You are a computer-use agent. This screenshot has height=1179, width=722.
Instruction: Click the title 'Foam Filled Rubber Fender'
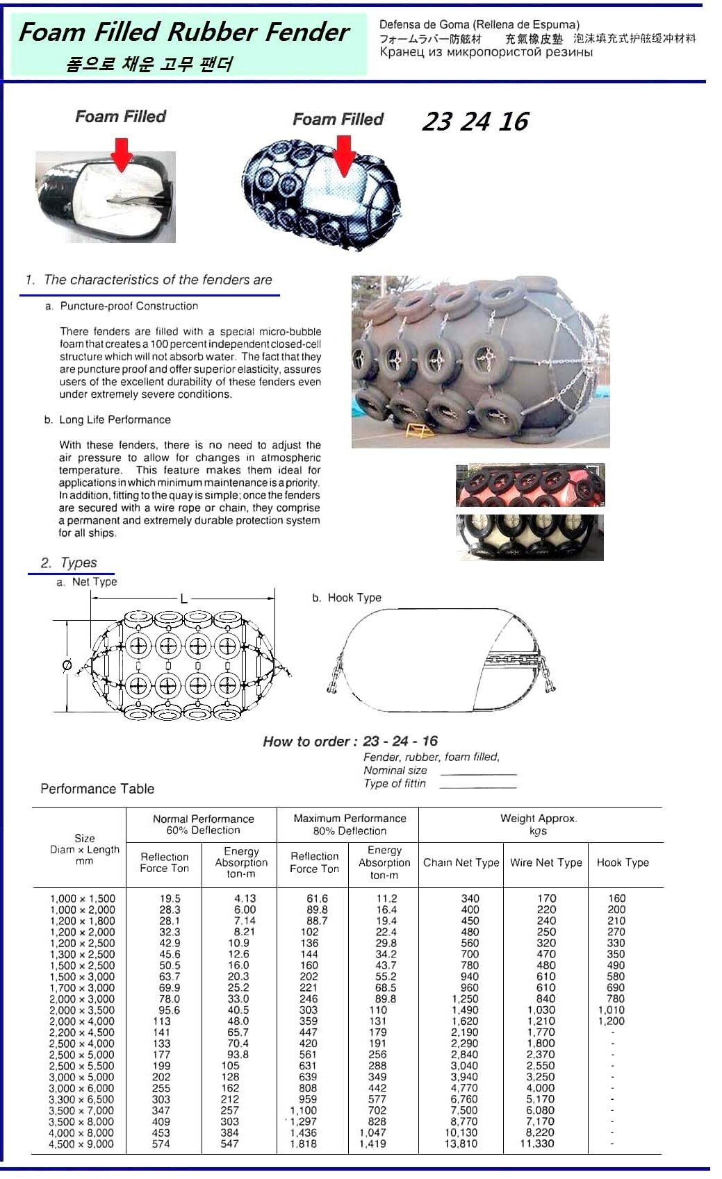click(x=183, y=32)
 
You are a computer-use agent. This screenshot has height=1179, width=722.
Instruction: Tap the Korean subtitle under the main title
click(x=149, y=65)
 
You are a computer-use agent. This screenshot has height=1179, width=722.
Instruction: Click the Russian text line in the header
click(x=486, y=53)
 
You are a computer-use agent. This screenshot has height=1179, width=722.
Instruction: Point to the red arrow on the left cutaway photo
click(x=122, y=154)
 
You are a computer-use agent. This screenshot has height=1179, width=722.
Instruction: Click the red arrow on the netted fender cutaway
click(x=344, y=156)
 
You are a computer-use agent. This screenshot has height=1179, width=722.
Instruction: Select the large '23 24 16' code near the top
click(x=475, y=122)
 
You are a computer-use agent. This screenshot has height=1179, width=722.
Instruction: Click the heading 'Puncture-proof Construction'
click(x=129, y=306)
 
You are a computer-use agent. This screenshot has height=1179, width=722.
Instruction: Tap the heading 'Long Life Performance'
click(x=115, y=420)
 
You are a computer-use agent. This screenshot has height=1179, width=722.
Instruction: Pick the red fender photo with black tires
click(x=530, y=485)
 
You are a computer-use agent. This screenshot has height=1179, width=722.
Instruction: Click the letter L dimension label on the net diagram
click(x=183, y=599)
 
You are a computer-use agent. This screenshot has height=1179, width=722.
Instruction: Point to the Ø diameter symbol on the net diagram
click(x=67, y=665)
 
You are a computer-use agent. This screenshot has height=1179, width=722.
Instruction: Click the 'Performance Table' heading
click(x=97, y=789)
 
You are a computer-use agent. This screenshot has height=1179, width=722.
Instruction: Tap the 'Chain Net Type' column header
click(x=461, y=862)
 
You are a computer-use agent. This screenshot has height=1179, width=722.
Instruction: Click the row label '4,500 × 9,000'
click(x=81, y=1144)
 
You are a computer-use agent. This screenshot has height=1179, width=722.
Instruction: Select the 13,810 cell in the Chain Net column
click(x=461, y=1144)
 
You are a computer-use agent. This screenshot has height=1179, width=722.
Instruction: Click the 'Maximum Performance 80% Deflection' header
click(x=350, y=824)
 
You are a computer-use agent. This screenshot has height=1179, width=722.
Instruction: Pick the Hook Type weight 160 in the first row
click(x=616, y=898)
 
